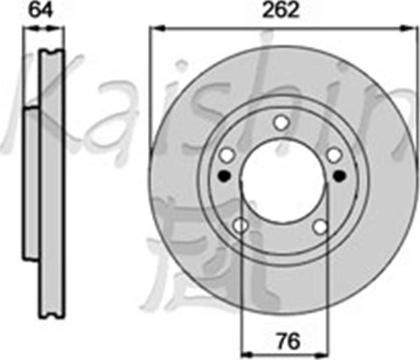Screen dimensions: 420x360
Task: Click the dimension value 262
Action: [x=281, y=10]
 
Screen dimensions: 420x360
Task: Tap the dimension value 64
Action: [x=40, y=10]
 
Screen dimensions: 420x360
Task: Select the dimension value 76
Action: [x=285, y=341]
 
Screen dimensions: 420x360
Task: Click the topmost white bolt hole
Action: [x=281, y=122]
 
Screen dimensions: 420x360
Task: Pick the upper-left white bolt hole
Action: [x=227, y=155]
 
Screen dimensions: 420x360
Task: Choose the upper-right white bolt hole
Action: [x=334, y=155]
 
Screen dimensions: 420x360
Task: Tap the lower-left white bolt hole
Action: [x=240, y=226]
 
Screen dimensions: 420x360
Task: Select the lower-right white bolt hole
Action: [x=321, y=227]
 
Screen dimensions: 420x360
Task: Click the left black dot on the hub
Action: [x=224, y=175]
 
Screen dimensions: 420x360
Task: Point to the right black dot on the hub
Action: [x=340, y=175]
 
